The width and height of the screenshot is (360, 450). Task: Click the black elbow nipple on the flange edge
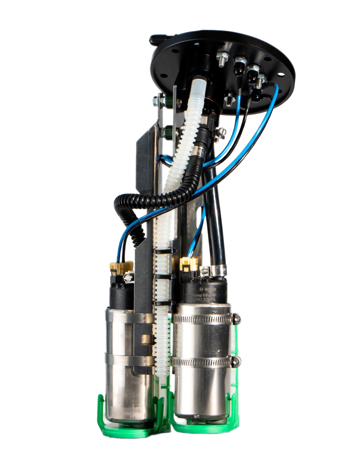point(157,39)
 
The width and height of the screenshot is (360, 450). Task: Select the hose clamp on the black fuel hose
point(217,269)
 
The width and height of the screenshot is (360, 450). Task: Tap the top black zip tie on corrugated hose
point(164,250)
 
